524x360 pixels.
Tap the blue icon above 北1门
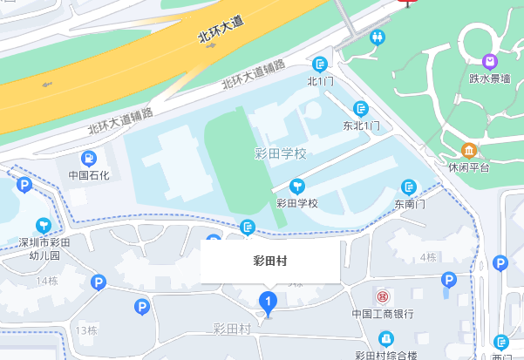tap(321, 64)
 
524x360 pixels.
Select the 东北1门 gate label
tap(361, 126)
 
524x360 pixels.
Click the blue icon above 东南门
tap(408, 187)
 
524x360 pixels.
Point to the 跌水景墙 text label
tap(488, 78)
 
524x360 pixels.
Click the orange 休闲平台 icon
tap(469, 150)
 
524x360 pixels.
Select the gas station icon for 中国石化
tap(89, 158)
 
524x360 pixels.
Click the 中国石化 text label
tap(89, 175)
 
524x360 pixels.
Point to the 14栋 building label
tap(47, 281)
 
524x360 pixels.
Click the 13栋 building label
tap(86, 330)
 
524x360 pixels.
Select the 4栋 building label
tap(427, 257)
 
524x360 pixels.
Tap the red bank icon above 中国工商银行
tap(381, 297)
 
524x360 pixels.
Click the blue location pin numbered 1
tap(269, 303)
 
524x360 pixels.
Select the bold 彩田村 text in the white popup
tap(269, 261)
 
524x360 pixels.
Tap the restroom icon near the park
tap(378, 37)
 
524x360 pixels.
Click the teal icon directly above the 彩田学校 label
tap(297, 186)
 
